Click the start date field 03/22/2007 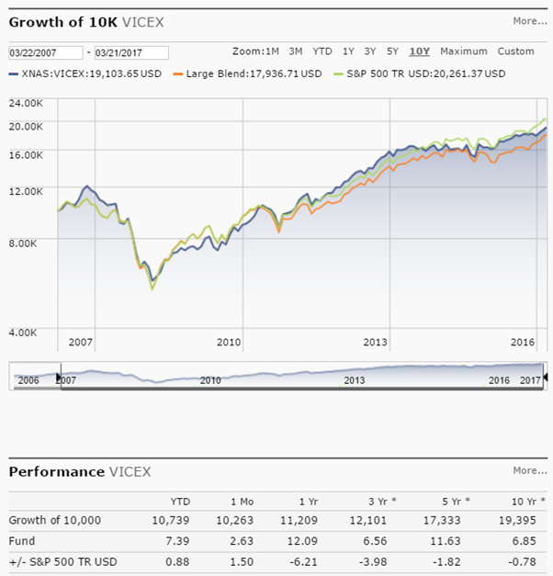click(x=44, y=52)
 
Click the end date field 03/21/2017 click(x=130, y=52)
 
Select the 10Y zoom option click(x=420, y=51)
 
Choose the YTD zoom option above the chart click(x=322, y=51)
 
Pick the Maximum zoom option click(x=464, y=51)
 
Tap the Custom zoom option click(x=515, y=51)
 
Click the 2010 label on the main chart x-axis click(x=229, y=342)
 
